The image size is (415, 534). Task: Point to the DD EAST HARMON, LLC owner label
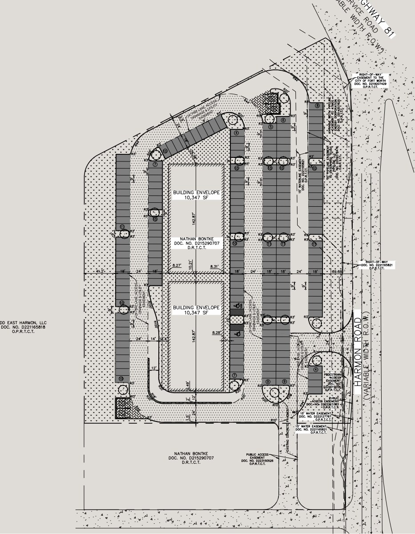[x=23, y=327]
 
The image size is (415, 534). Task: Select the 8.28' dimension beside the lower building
[x=217, y=332]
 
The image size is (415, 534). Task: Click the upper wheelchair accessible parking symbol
[x=238, y=305]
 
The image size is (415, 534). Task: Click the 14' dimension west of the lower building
[x=153, y=339]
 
